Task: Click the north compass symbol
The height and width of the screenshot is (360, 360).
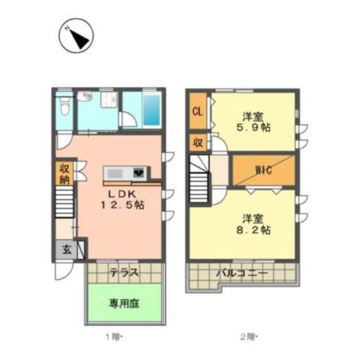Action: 76,36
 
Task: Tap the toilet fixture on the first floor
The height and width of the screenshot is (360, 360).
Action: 64,106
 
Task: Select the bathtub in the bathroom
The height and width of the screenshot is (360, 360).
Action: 152,110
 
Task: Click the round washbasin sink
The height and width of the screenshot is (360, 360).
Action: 85,96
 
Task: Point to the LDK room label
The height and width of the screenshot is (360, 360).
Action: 122,194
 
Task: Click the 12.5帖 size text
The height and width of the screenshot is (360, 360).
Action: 122,205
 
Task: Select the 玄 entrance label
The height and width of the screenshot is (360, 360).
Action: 67,250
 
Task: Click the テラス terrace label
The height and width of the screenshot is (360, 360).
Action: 124,273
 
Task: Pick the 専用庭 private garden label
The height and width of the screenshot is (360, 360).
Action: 124,304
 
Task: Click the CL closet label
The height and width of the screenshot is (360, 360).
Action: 198,112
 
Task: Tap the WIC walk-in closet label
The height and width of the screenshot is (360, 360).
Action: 263,170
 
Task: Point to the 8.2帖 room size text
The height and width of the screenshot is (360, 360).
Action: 253,230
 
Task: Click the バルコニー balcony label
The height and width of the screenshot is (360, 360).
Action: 243,273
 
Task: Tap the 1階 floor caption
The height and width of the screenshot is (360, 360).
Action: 114,337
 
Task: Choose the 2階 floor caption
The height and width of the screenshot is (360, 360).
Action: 249,337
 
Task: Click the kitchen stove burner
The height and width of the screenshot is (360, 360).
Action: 139,173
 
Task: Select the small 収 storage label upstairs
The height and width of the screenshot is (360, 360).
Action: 198,143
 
